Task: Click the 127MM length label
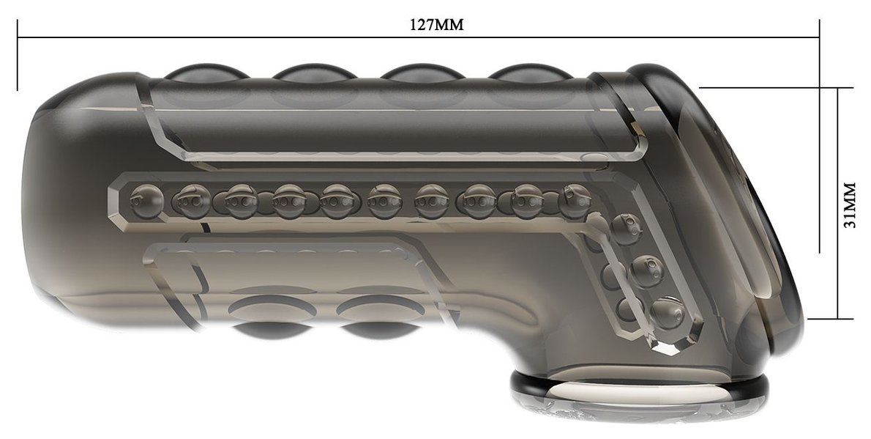click(x=436, y=25)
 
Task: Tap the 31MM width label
click(x=850, y=203)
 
